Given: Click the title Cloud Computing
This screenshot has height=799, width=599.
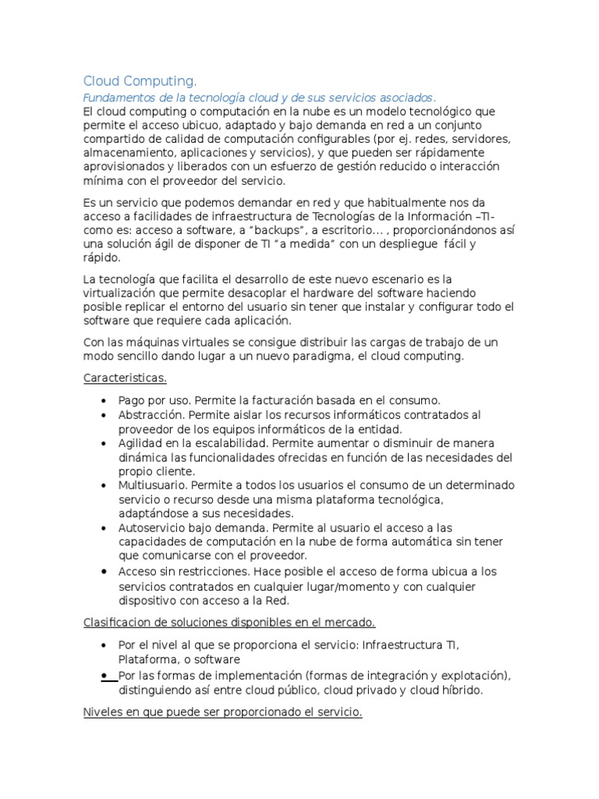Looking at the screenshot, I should point(140,81).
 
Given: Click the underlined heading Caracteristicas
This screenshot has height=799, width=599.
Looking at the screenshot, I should point(125,378).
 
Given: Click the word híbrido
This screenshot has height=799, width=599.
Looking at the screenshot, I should point(460,690).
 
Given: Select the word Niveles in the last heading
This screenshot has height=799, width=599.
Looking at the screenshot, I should point(102,712).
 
